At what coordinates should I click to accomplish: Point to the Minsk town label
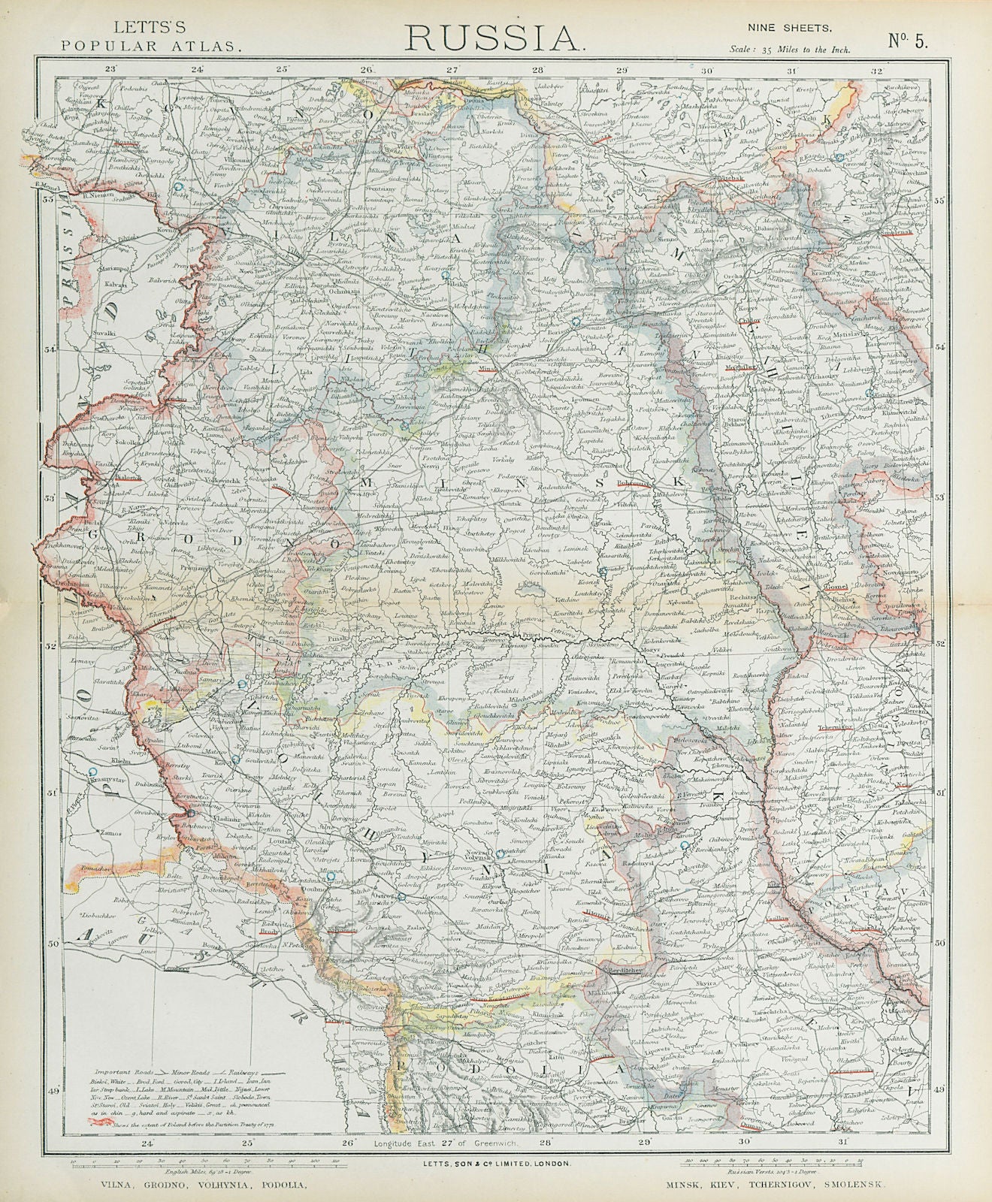[x=489, y=368]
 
